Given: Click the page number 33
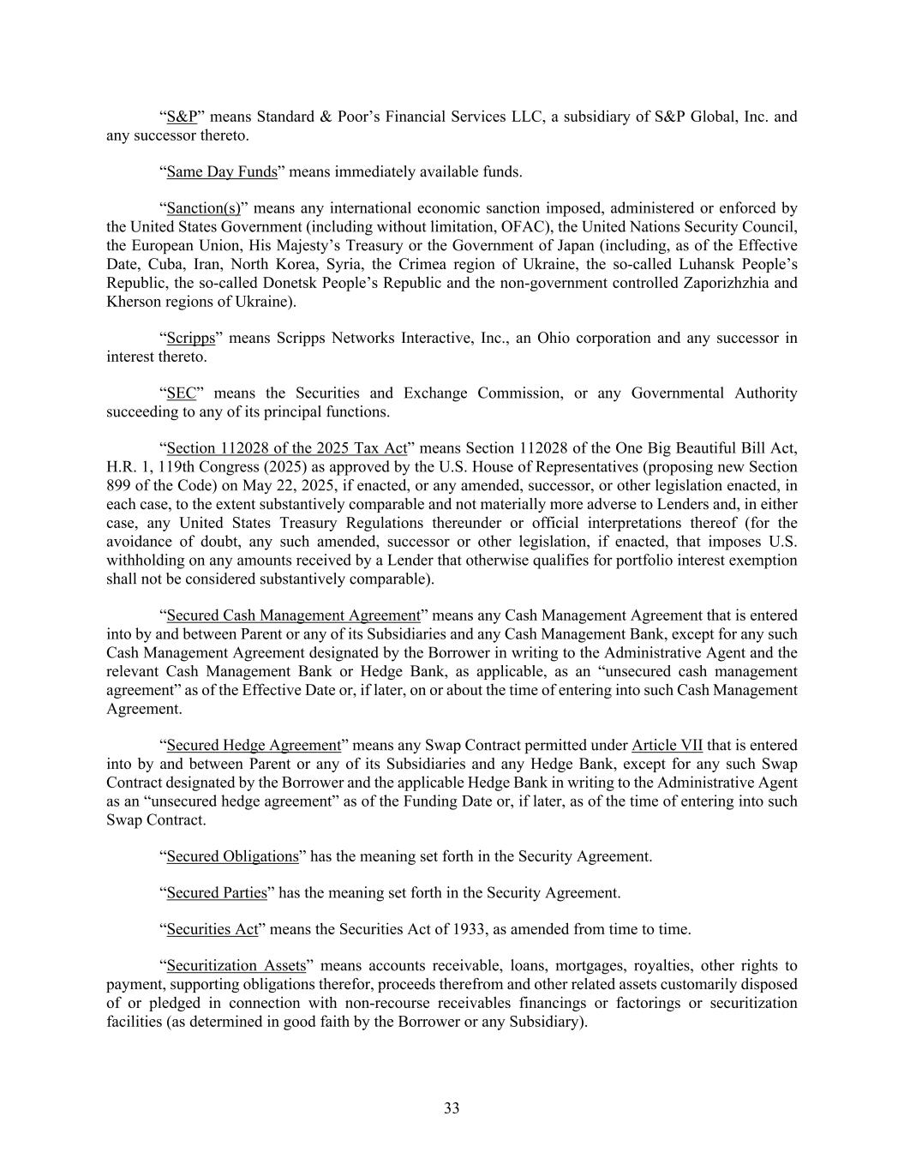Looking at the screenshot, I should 452,1108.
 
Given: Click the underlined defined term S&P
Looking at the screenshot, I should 182,117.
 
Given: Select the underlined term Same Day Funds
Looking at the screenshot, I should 222,172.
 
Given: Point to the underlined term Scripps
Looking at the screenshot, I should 190,338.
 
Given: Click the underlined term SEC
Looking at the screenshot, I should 181,393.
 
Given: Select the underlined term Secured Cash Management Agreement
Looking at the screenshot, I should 293,615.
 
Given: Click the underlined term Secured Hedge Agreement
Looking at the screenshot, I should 254,746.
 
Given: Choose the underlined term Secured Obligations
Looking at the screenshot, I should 232,856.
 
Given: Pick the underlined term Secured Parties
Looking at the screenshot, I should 217,893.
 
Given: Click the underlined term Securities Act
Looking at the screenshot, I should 213,930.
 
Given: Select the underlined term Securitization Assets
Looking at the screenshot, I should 236,966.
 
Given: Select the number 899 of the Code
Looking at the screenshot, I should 118,486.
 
